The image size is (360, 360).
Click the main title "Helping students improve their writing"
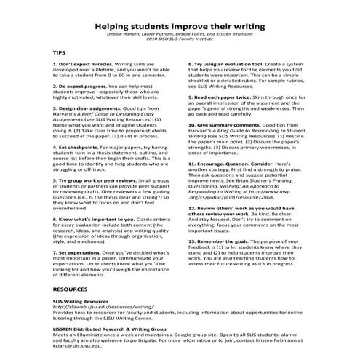[180, 25]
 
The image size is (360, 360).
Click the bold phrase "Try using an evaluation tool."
[232, 64]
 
